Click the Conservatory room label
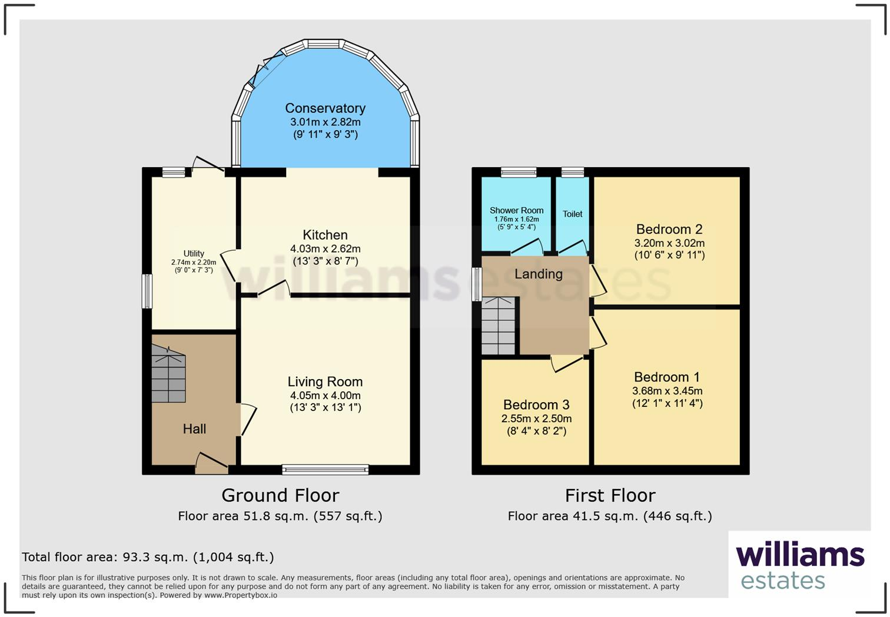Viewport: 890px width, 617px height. (x=325, y=108)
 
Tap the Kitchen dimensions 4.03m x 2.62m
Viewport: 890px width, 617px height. (x=325, y=248)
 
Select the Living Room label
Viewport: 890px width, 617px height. (x=325, y=382)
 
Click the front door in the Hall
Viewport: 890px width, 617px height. (x=211, y=465)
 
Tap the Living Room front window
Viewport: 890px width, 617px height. (x=325, y=469)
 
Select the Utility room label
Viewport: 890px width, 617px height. (x=194, y=254)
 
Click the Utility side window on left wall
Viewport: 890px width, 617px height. (x=147, y=291)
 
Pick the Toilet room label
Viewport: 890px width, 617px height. (x=572, y=214)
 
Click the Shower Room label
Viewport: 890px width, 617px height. (x=516, y=210)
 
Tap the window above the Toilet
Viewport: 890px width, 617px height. (x=572, y=172)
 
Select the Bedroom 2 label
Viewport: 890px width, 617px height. (x=669, y=230)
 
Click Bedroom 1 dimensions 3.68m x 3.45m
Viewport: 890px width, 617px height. (x=667, y=391)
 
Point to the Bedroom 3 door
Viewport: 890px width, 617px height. (x=567, y=363)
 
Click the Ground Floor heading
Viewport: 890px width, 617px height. (x=280, y=495)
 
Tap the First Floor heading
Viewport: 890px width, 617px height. (x=610, y=496)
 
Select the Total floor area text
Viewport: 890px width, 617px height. (x=148, y=557)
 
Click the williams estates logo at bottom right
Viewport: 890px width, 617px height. (x=799, y=565)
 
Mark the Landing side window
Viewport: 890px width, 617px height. (x=477, y=284)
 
